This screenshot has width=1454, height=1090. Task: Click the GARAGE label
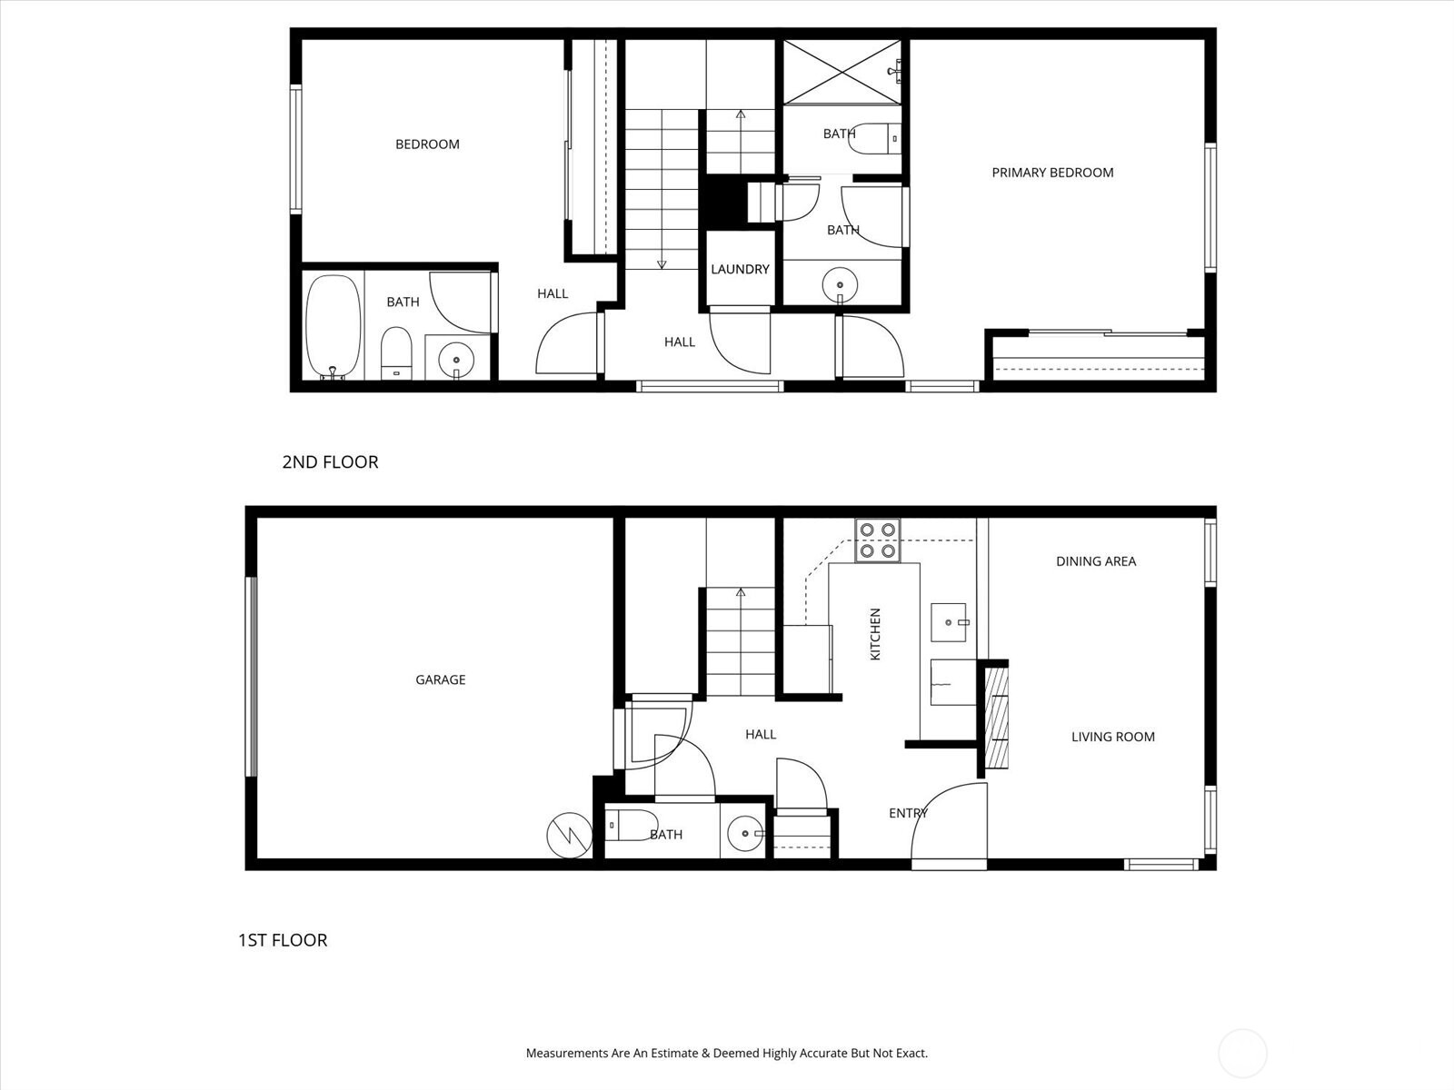pyautogui.click(x=440, y=679)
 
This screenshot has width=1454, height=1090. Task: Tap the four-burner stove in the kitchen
pyautogui.click(x=877, y=540)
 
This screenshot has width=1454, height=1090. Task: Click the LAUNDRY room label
pyautogui.click(x=740, y=269)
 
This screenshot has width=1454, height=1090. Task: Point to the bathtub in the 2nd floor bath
pyautogui.click(x=333, y=326)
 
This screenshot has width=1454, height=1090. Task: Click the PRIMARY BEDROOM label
pyautogui.click(x=1052, y=173)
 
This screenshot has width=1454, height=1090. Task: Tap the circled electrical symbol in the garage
pyautogui.click(x=569, y=835)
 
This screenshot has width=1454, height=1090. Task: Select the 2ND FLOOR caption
pyautogui.click(x=330, y=461)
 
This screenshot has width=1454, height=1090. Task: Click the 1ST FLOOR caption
pyautogui.click(x=283, y=940)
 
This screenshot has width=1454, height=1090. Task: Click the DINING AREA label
pyautogui.click(x=1096, y=561)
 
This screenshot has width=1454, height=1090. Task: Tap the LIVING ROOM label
pyautogui.click(x=1112, y=737)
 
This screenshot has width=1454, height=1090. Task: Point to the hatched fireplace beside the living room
pyautogui.click(x=998, y=718)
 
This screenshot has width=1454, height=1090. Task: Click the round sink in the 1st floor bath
pyautogui.click(x=746, y=832)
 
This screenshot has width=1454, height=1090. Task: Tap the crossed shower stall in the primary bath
pyautogui.click(x=842, y=72)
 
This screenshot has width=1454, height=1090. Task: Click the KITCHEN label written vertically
pyautogui.click(x=876, y=634)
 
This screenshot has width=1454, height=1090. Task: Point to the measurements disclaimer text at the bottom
pyautogui.click(x=727, y=1054)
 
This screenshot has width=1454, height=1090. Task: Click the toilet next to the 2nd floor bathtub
pyautogui.click(x=395, y=353)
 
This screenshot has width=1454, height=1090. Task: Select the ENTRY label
pyautogui.click(x=908, y=813)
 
